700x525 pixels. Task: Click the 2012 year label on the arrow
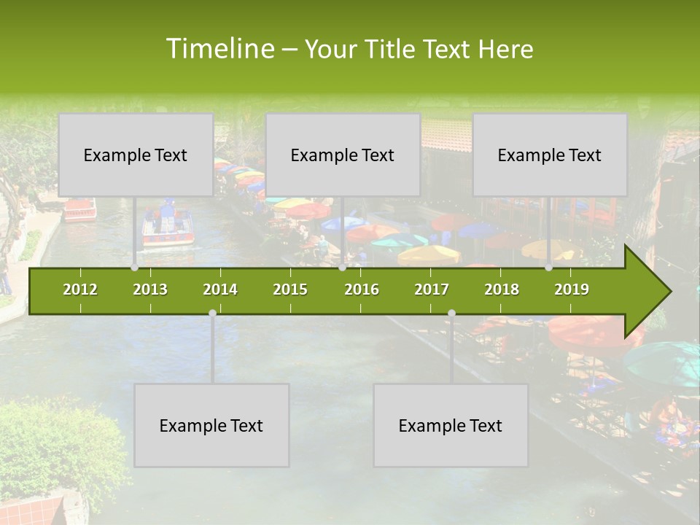coord(80,289)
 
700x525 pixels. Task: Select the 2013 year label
coord(150,289)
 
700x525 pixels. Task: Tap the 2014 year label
coord(220,289)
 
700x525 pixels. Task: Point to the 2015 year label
coord(290,289)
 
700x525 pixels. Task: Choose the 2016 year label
coord(362,289)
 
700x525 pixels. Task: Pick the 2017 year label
coord(432,289)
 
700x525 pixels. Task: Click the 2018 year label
coord(502,289)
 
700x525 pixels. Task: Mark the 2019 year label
coord(572,289)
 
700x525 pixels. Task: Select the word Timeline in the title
coord(219,49)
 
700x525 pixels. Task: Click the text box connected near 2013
coord(136,155)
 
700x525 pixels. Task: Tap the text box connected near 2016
coord(343,155)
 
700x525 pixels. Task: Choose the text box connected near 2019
coord(550,155)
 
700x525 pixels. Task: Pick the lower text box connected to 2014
coord(211,425)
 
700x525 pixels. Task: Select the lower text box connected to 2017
coord(451,425)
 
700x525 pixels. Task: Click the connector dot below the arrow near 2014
coord(212,313)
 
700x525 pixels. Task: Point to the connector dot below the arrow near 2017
coord(451,313)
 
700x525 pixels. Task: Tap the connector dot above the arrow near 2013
coord(135,268)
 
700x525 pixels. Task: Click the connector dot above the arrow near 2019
coord(548,268)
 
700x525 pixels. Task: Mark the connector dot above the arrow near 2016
coord(342,268)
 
